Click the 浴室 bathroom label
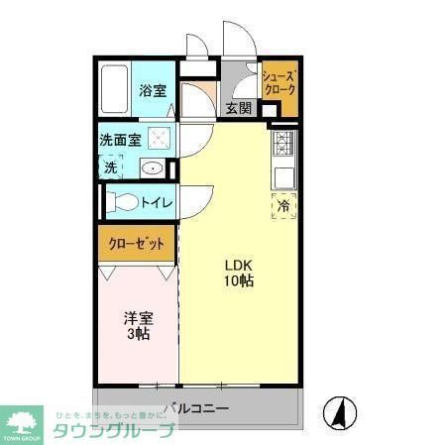(x=152, y=90)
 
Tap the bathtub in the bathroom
(x=115, y=91)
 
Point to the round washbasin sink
(x=153, y=168)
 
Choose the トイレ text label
(x=157, y=203)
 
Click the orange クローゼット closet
(x=137, y=244)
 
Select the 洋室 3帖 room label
(x=138, y=326)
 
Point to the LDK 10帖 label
(x=239, y=274)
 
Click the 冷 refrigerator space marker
(x=283, y=206)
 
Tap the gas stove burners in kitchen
(x=282, y=145)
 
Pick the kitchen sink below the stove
(x=282, y=176)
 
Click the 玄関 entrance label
(x=238, y=108)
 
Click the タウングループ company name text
(x=113, y=430)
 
